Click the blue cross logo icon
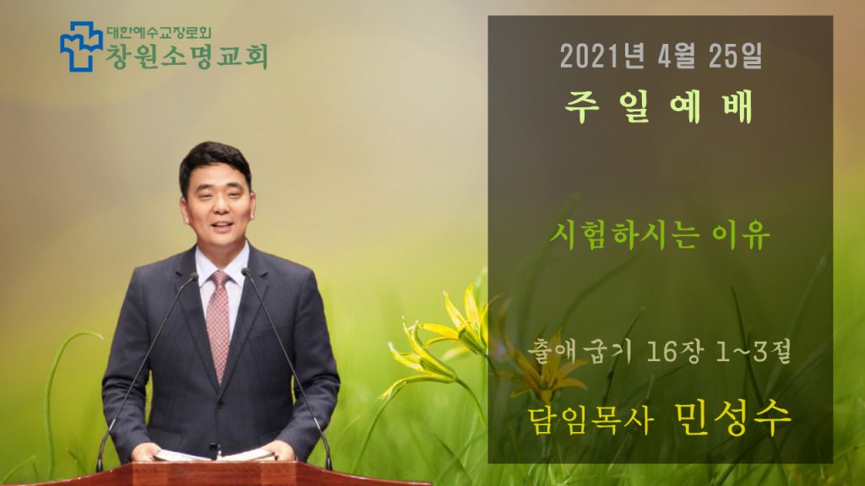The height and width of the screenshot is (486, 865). (81, 47)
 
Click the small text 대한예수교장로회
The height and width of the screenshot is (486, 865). (159, 32)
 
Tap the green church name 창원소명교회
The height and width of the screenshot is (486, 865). (187, 57)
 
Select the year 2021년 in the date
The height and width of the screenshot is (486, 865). (601, 56)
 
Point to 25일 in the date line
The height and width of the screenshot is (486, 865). (736, 56)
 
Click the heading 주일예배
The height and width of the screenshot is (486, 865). (659, 107)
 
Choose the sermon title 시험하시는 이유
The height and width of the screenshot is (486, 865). (660, 235)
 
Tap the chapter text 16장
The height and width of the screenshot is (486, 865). (677, 352)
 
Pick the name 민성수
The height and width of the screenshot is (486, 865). (733, 418)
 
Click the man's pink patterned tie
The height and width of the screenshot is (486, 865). (219, 325)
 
